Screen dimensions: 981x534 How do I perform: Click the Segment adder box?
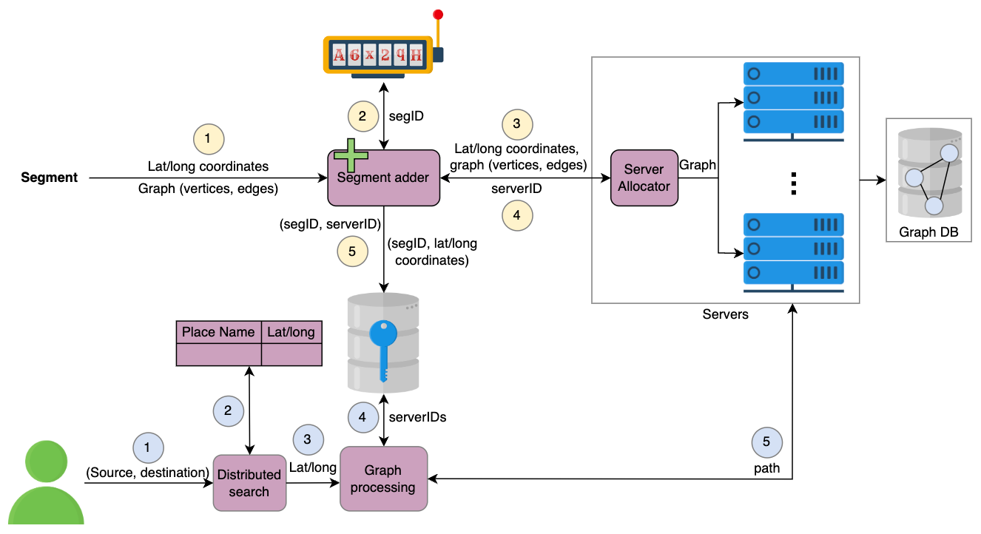point(384,178)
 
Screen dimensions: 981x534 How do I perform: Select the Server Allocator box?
point(644,178)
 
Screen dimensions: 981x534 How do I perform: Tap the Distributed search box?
point(249,483)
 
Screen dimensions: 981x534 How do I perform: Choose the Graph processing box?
point(384,479)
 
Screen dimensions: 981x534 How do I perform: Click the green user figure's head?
point(46,462)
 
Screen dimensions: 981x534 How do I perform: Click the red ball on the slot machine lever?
point(438,15)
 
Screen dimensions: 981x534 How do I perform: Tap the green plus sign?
point(351,155)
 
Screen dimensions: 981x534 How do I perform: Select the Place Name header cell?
point(218,332)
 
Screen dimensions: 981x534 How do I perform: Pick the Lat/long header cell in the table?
point(291,332)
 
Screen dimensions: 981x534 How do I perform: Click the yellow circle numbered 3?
point(517,124)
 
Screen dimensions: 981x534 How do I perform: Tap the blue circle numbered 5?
point(767,442)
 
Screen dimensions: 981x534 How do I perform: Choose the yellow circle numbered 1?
point(209,139)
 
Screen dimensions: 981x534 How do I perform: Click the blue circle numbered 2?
point(228,411)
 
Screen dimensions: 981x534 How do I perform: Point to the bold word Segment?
point(49,178)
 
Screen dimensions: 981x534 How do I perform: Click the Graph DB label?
point(928,232)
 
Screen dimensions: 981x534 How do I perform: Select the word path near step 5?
point(767,468)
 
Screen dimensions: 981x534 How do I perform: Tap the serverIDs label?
point(417,417)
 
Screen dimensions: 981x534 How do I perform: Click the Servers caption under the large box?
point(725,314)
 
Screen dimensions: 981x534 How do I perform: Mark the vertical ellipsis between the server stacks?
point(794,183)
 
